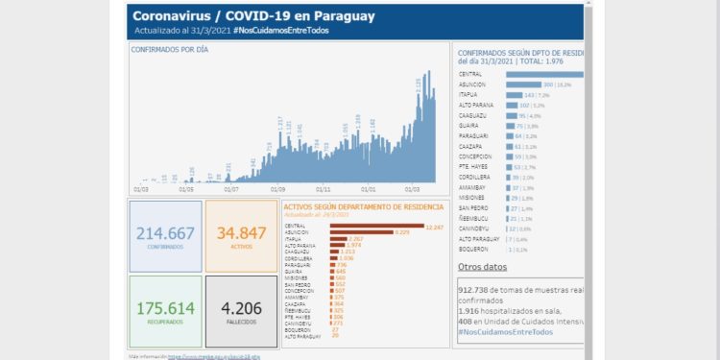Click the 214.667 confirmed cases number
pos(165,233)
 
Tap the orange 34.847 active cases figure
pos(241,233)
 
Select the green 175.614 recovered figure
pos(165,308)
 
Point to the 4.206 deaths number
pos(241,308)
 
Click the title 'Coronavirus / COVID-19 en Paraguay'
pos(253,16)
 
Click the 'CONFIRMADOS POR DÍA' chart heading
pos(171,47)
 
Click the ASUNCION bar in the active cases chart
pos(361,232)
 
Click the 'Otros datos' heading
pos(481,267)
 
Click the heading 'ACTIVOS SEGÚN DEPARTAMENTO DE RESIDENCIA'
pos(363,206)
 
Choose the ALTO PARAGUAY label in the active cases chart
pos(303,336)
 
